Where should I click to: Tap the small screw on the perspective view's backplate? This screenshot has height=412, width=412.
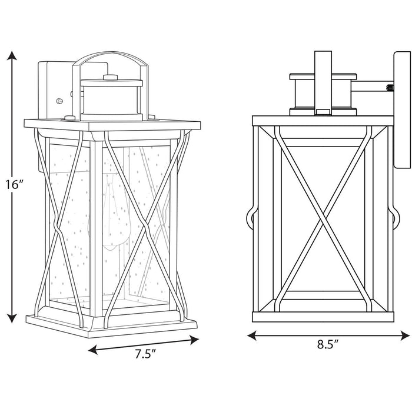point(59,101)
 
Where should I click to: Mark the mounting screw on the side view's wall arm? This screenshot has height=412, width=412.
point(389,88)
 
